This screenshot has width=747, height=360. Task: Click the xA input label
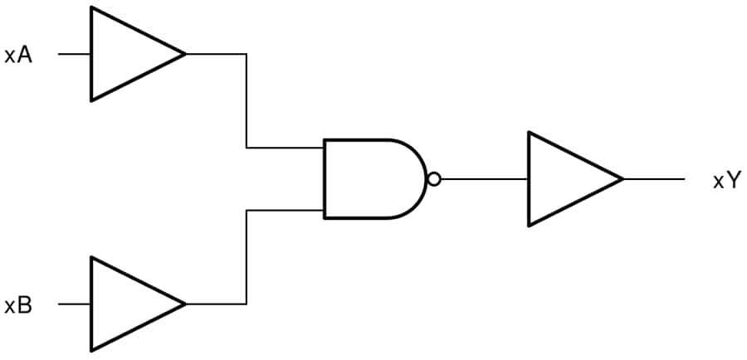18,56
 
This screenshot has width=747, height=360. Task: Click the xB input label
18,305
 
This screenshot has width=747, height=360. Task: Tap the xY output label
725,181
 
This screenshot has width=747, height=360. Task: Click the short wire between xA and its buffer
75,55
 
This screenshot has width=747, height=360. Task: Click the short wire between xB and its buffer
75,304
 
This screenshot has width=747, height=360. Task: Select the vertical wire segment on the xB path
247,257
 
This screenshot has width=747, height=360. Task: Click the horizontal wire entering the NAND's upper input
285,148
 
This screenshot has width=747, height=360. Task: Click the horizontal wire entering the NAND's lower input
285,211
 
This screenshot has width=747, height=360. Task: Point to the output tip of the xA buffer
183,55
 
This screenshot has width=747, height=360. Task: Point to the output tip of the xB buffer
183,304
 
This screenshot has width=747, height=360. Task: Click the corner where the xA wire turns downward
247,55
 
